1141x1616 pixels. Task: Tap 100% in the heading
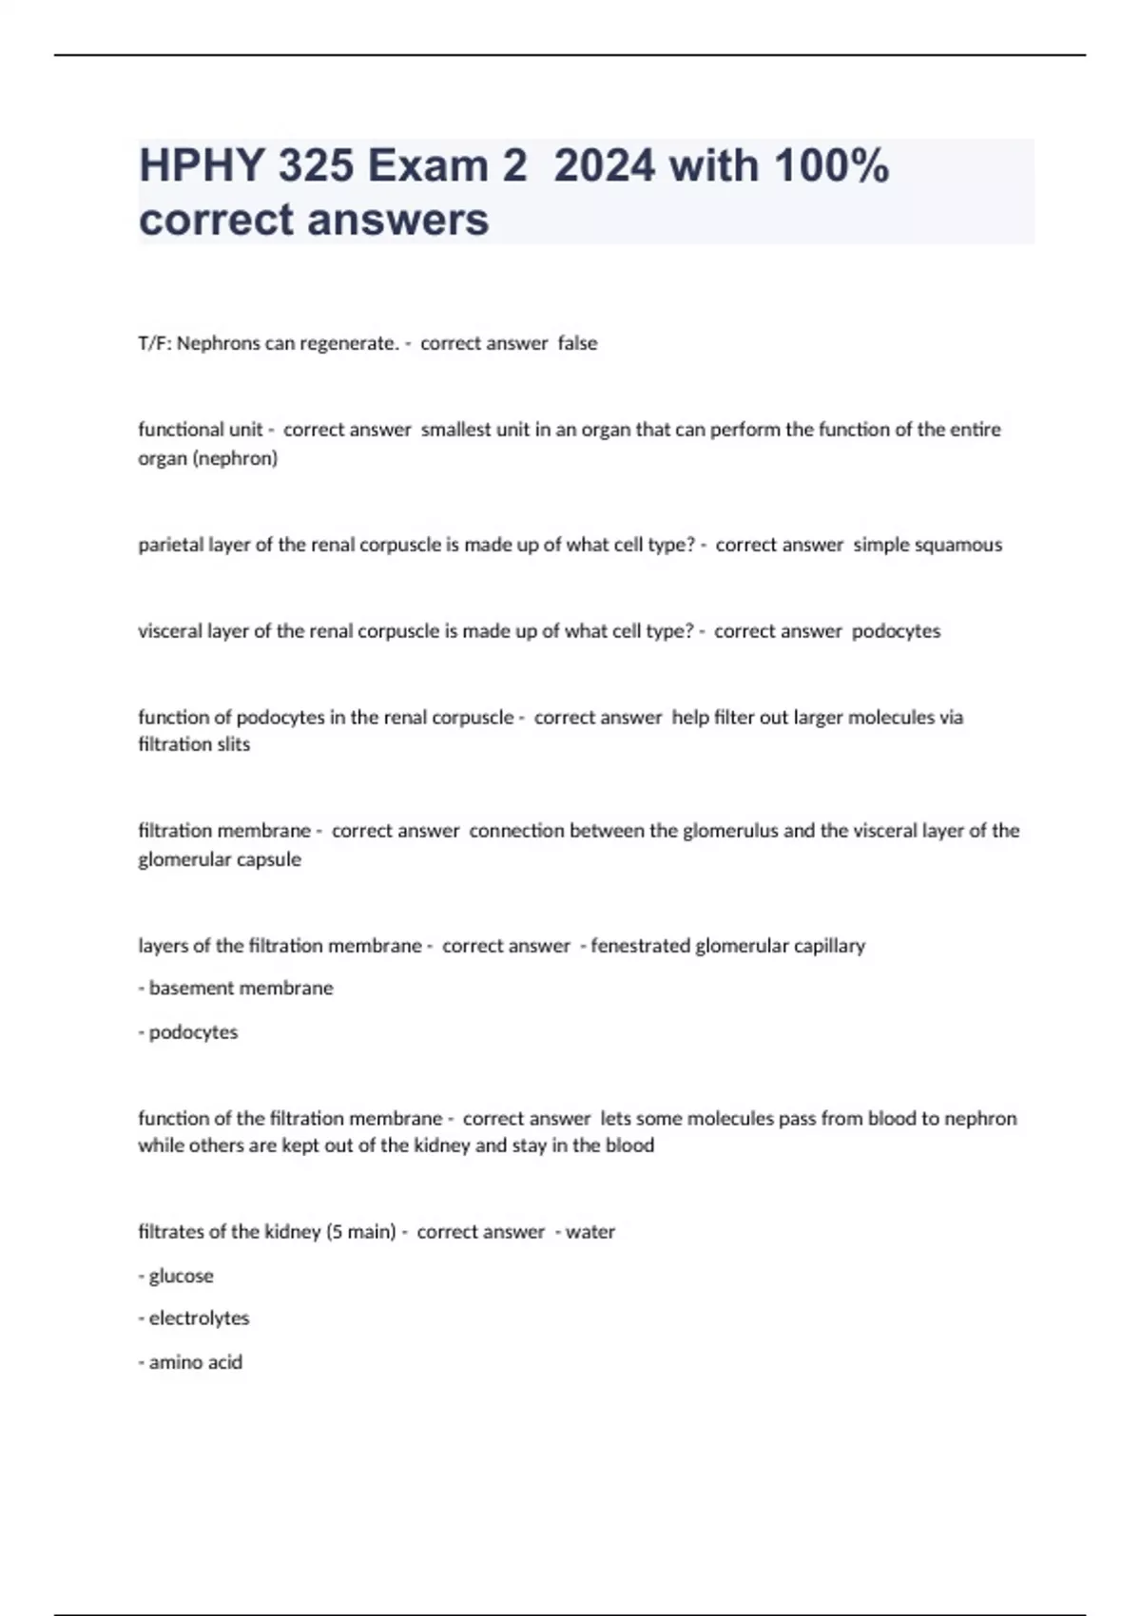point(832,165)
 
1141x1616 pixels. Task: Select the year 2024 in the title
point(604,165)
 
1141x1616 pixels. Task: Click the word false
point(577,343)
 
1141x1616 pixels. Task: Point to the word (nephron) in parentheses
point(234,458)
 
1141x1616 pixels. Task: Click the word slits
point(232,744)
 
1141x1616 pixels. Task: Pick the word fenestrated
point(642,946)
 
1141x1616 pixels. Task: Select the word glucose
point(181,1276)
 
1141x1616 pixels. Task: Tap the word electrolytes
point(199,1318)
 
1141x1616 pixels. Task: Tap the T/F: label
point(155,343)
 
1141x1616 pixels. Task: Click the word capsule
point(274,859)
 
